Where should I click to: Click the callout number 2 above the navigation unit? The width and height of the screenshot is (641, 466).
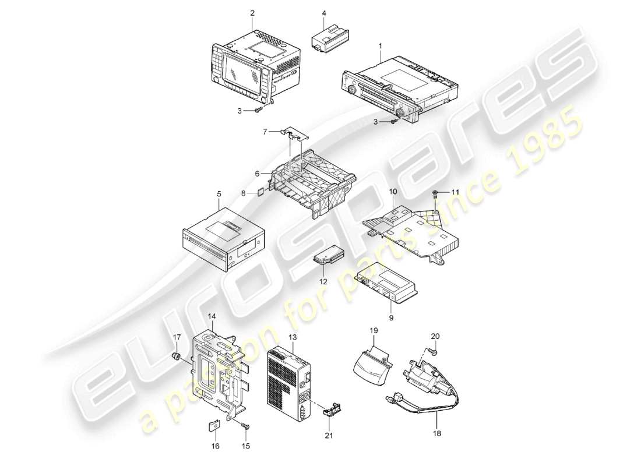[x=252, y=12]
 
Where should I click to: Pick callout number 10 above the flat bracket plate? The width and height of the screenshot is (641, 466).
[x=393, y=191]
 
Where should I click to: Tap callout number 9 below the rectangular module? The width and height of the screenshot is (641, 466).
[x=391, y=317]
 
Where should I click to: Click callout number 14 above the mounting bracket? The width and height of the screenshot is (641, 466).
[x=212, y=316]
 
